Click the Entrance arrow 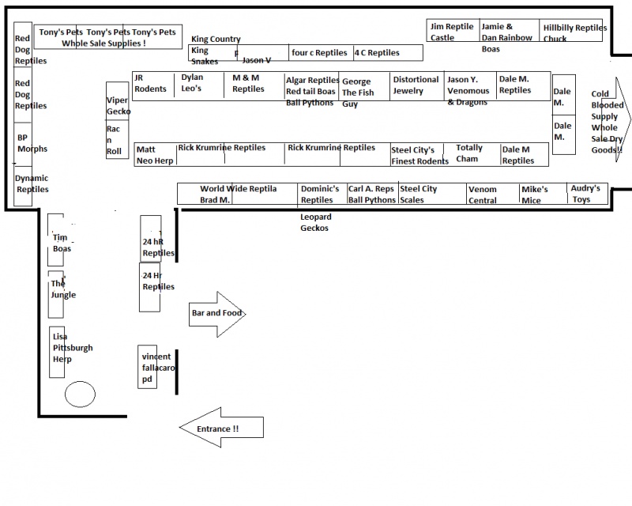(221, 428)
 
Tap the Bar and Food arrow (217, 314)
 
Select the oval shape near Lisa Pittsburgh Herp (81, 395)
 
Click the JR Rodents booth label (150, 83)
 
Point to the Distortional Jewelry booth (416, 85)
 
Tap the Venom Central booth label (483, 194)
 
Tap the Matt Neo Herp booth (155, 154)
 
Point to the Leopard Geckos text (315, 222)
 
